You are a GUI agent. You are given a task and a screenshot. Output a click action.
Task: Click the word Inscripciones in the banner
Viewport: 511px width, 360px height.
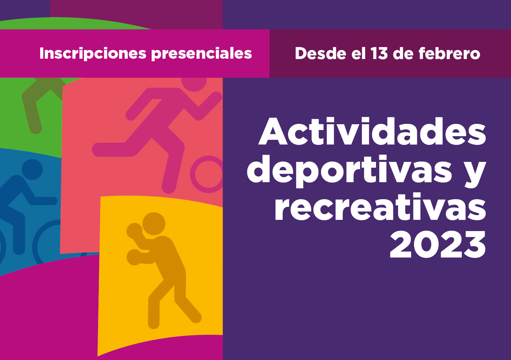(x=93, y=53)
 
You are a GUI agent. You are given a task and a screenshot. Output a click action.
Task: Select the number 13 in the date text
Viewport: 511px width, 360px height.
(x=379, y=53)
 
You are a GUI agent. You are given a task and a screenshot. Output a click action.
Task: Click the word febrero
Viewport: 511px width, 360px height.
(x=449, y=53)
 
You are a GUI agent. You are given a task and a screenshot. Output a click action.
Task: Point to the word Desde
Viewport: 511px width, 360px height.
(x=320, y=53)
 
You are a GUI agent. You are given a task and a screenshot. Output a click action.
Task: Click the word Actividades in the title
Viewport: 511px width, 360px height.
(x=372, y=131)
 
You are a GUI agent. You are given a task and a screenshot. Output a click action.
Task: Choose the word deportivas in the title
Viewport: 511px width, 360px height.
(x=349, y=171)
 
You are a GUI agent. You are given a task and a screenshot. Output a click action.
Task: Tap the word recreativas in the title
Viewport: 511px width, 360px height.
(x=380, y=206)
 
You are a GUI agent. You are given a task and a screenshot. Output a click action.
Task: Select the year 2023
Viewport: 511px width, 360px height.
(x=438, y=244)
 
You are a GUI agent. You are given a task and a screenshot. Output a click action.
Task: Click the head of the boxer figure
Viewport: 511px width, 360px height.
(x=154, y=224)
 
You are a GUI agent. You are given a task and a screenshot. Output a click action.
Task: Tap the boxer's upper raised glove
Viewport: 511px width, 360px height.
(x=135, y=231)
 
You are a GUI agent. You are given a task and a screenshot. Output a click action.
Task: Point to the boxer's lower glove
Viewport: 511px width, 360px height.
(x=134, y=257)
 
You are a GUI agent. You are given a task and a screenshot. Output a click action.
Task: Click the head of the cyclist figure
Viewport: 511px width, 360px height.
(x=32, y=169)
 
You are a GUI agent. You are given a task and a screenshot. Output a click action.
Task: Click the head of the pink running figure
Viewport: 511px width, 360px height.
(x=194, y=82)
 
